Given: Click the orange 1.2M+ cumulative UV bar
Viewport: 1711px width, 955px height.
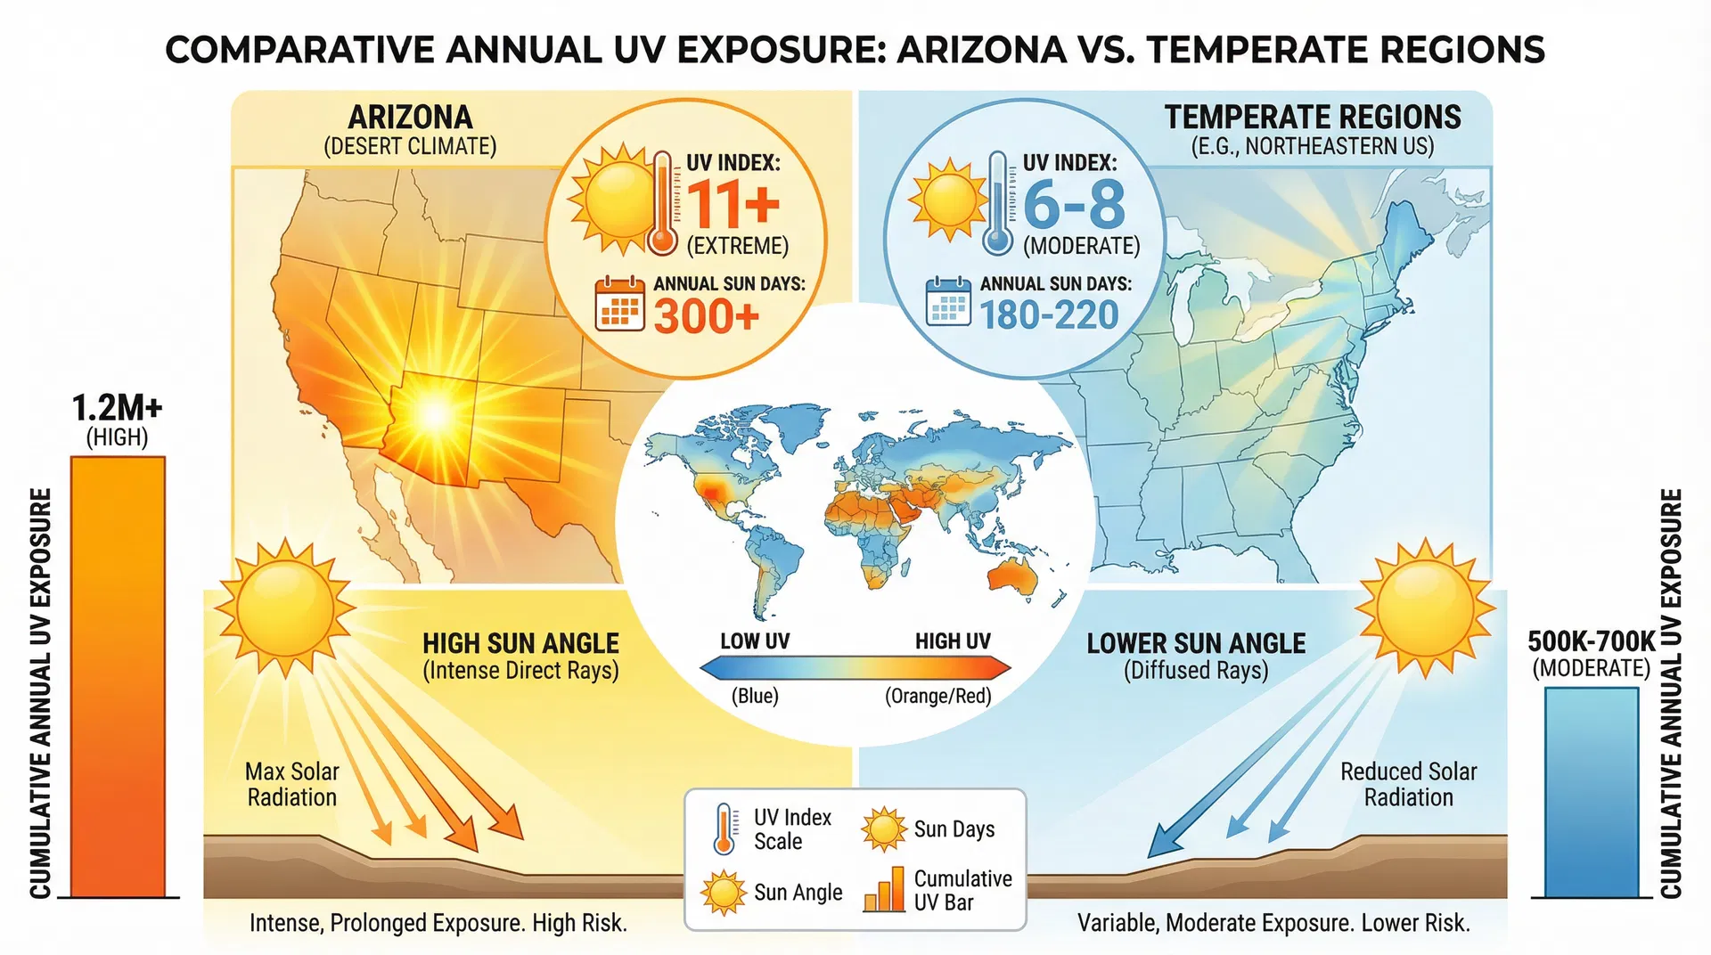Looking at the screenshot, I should [x=118, y=677].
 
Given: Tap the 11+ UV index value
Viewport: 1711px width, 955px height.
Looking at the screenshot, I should [x=733, y=204].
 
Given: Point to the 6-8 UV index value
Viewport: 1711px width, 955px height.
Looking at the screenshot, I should [x=1074, y=204].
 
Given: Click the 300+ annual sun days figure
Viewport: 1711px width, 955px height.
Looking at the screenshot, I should [x=706, y=315].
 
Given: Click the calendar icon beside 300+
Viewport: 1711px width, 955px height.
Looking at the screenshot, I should [x=619, y=304].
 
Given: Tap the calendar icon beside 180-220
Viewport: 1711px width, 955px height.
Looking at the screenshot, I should [x=948, y=301].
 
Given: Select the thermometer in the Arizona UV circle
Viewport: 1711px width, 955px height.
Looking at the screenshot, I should [x=661, y=203].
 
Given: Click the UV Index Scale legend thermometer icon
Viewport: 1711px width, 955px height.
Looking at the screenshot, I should [x=725, y=829].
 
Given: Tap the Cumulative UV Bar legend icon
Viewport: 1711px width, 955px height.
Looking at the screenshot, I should [x=884, y=890].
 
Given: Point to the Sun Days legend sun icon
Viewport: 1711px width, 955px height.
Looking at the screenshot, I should [x=883, y=829].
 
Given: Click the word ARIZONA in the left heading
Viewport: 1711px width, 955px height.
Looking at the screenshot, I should [x=410, y=118].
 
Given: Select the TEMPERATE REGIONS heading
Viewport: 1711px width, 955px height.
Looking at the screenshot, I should [x=1313, y=118].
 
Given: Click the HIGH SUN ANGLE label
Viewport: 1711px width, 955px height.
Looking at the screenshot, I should [x=520, y=643].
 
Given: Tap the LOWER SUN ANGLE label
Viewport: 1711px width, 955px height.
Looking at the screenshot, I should [x=1196, y=643].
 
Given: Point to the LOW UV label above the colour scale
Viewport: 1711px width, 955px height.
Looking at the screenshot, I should [x=754, y=641].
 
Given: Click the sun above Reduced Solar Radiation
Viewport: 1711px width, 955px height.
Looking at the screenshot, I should [x=1425, y=608].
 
